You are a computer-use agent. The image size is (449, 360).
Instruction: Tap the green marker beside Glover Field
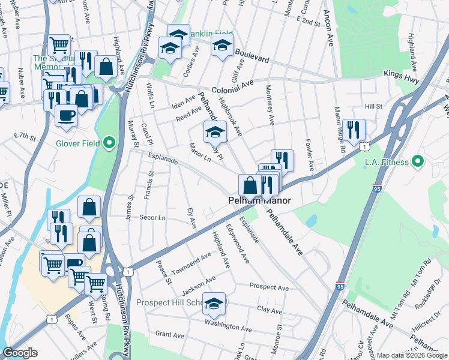[109, 143]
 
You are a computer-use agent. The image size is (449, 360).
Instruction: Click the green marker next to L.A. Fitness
[418, 162]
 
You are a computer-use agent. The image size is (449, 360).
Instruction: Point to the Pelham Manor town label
[259, 200]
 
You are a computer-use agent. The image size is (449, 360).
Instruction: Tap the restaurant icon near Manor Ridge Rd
[354, 131]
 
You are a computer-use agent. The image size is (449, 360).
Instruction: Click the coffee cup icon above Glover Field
[66, 114]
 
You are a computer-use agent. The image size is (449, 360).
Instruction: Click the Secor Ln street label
[152, 217]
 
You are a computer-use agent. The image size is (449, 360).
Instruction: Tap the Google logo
[20, 353]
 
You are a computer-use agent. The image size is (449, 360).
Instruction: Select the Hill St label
[373, 106]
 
